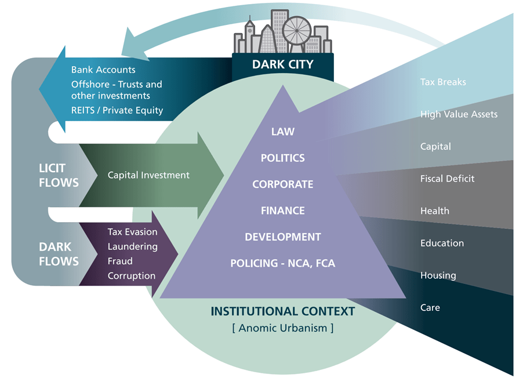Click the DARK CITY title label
282,64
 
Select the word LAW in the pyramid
283,132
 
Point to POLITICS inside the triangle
283,158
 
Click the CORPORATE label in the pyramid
283,184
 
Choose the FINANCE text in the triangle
283,210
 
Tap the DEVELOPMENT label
283,237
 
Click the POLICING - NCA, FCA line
283,263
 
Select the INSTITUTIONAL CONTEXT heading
282,311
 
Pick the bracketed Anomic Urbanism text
282,328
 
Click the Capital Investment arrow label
148,175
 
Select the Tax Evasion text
132,232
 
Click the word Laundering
132,246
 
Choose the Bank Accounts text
103,70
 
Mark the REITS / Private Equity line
117,110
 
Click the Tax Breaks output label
443,82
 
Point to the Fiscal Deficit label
447,179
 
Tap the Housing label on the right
438,275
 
